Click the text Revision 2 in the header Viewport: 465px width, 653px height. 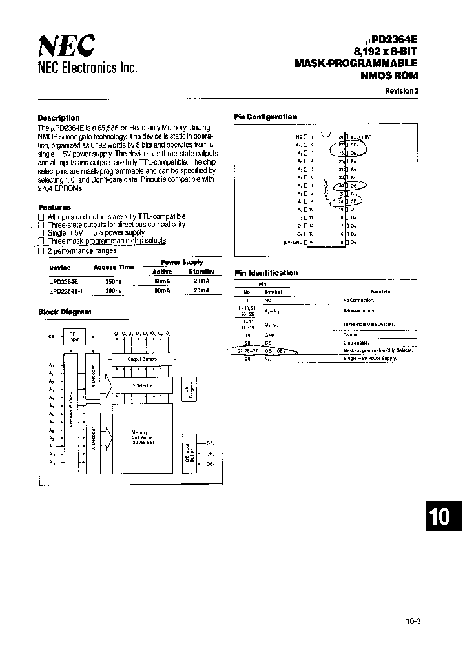pos(402,91)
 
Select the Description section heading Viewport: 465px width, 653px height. pos(59,118)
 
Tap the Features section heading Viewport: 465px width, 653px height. pos(55,208)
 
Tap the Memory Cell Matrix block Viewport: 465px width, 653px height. pos(142,439)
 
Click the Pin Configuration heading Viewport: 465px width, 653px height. pos(265,117)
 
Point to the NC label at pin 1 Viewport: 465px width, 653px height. pos(298,137)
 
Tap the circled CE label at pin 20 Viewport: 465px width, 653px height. pos(353,201)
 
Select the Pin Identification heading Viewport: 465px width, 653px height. pos(266,273)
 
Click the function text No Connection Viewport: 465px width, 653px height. pos(359,300)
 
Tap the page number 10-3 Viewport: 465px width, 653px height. pos(414,621)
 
